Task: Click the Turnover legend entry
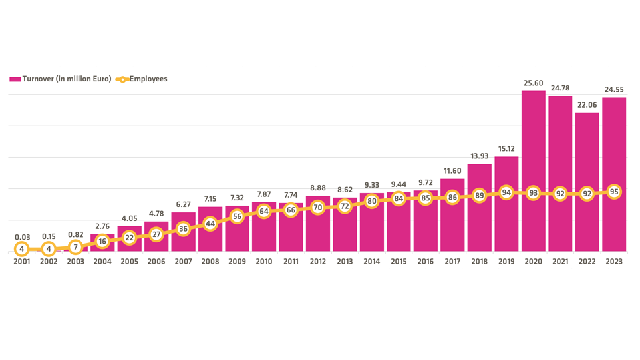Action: (x=61, y=79)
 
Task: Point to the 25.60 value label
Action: (x=534, y=83)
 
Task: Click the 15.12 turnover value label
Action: (x=506, y=148)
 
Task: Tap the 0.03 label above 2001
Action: (x=22, y=237)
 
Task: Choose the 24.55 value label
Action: (x=614, y=89)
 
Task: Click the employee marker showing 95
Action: (x=614, y=192)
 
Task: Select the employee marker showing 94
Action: (x=506, y=193)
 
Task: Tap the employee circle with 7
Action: (x=76, y=247)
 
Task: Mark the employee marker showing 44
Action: (x=210, y=224)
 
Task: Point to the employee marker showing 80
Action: (x=371, y=201)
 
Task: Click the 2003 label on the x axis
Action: (x=76, y=262)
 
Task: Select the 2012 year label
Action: (x=318, y=262)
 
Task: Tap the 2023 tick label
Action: (x=614, y=262)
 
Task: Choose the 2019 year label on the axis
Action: (x=506, y=262)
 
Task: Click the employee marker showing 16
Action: (x=102, y=242)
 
